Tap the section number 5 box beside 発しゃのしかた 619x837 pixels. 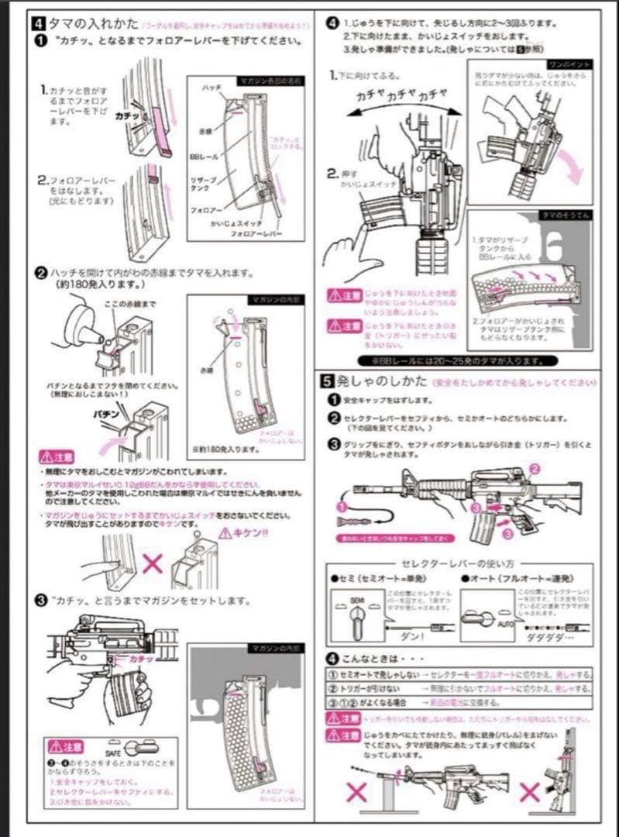click(x=328, y=381)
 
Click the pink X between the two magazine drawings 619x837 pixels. click(x=152, y=563)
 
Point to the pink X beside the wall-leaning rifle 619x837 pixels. click(x=529, y=792)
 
